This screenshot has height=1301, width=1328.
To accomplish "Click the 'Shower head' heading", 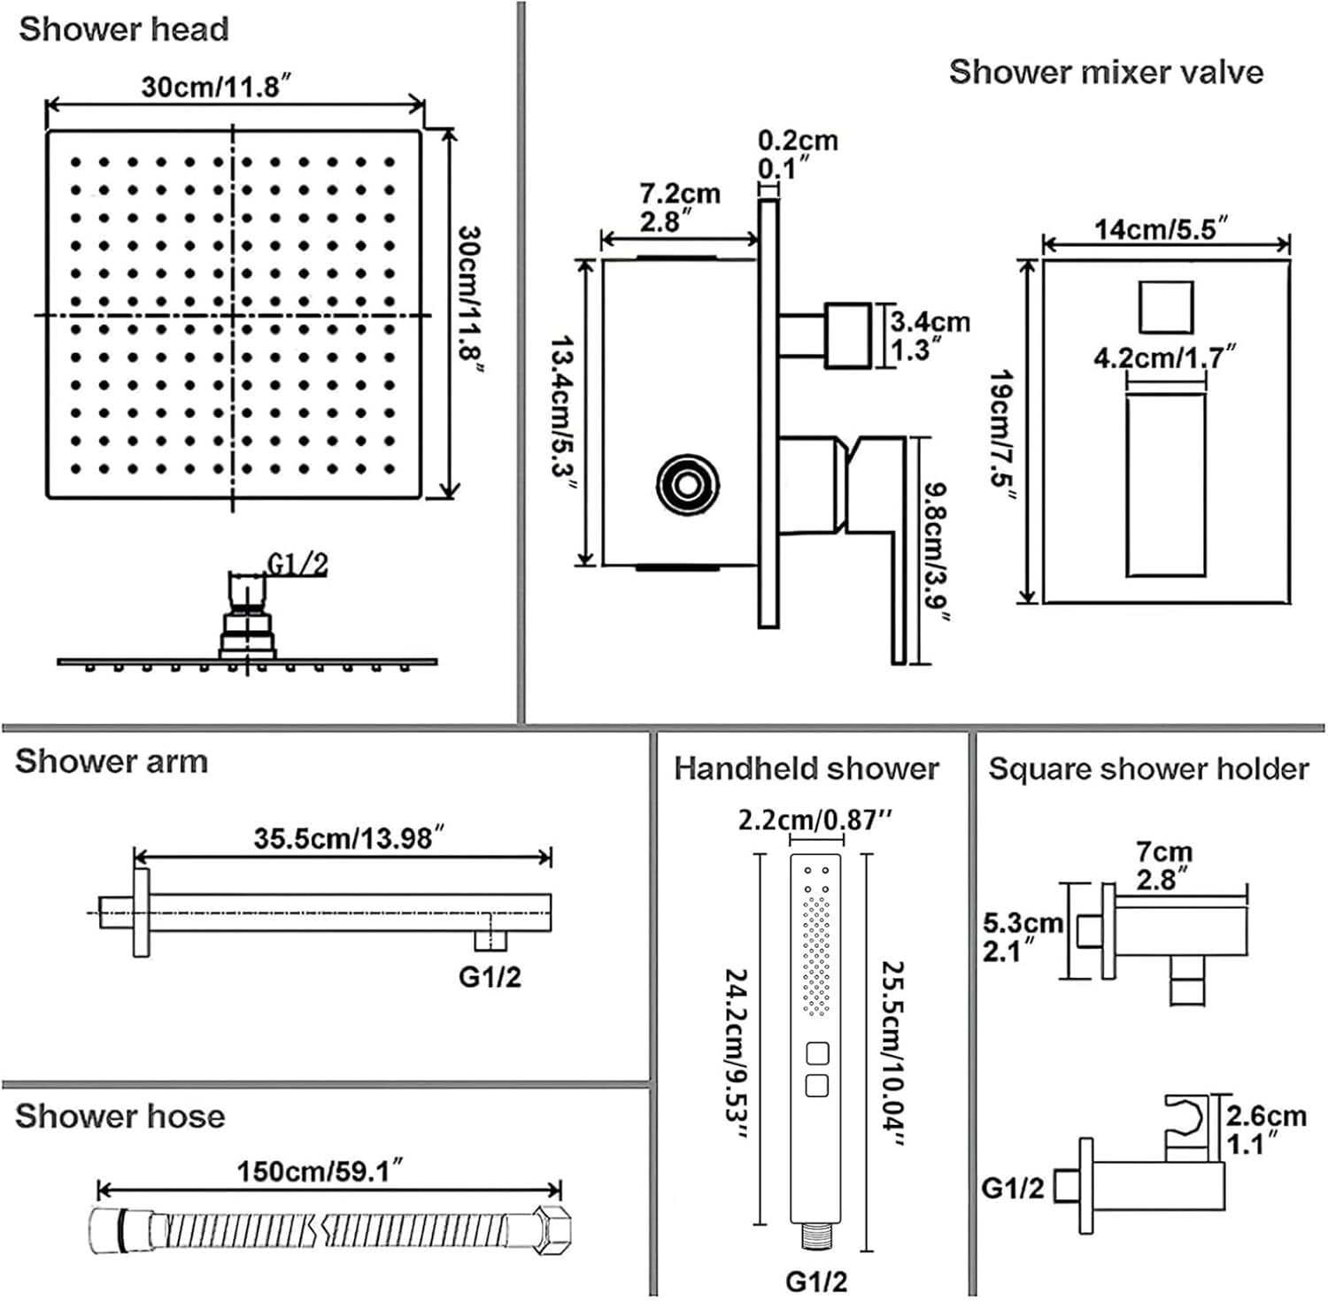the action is click(124, 29).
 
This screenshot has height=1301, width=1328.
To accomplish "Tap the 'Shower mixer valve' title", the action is click(1106, 72).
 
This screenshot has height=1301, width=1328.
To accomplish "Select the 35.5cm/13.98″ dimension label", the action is click(349, 837).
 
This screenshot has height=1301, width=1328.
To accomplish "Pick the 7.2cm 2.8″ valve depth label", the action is click(679, 207).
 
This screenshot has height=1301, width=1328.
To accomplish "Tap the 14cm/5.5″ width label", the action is click(1161, 229).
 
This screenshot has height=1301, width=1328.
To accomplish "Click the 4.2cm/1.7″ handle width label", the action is click(1164, 358).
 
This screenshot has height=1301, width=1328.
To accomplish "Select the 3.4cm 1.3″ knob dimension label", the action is click(929, 335).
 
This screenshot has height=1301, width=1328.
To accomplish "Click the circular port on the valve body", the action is click(687, 483).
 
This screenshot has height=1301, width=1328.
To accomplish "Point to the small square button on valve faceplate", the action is click(1165, 307).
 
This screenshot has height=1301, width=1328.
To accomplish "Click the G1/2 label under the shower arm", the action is click(490, 976).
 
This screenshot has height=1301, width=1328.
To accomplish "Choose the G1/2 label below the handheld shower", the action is click(815, 1280).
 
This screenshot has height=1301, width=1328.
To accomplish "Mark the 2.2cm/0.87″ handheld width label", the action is click(815, 820).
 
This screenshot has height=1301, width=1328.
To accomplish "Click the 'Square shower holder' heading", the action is click(1148, 768).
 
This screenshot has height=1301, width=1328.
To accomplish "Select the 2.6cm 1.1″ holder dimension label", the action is click(1266, 1129).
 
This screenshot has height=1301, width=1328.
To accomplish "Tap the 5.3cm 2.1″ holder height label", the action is click(1023, 937).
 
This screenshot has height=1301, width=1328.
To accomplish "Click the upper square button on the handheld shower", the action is click(816, 1053).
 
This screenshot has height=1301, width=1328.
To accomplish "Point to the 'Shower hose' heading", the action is click(120, 1116).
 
